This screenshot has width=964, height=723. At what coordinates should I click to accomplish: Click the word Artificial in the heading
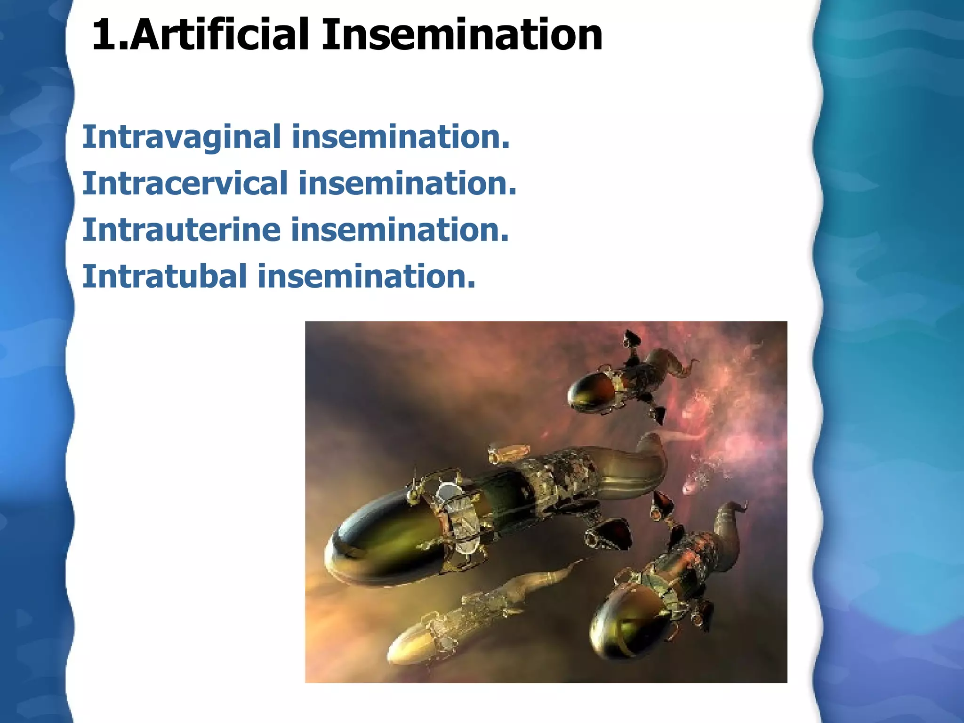[x=219, y=35]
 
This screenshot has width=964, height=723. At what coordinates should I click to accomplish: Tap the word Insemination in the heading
[x=461, y=35]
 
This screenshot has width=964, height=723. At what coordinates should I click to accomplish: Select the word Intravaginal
[x=181, y=137]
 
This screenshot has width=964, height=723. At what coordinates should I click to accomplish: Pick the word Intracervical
[x=185, y=184]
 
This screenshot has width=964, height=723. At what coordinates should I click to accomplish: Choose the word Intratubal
[x=164, y=276]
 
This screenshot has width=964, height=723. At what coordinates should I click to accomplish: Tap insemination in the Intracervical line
[x=407, y=183]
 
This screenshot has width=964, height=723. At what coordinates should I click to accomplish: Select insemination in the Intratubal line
[x=366, y=276]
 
